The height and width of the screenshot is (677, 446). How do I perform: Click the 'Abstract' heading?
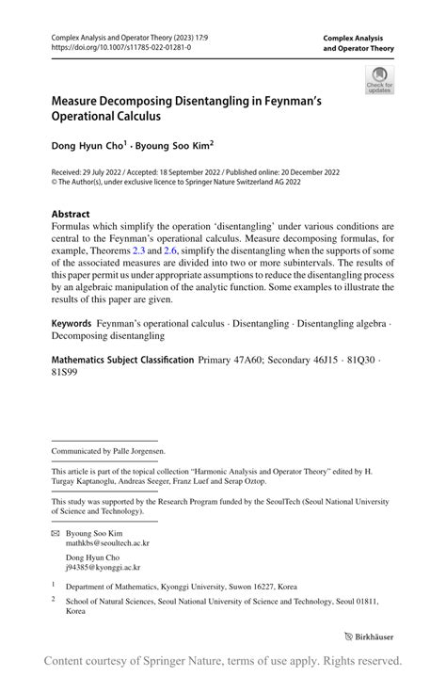73,214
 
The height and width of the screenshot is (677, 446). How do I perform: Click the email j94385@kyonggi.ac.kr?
103,567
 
